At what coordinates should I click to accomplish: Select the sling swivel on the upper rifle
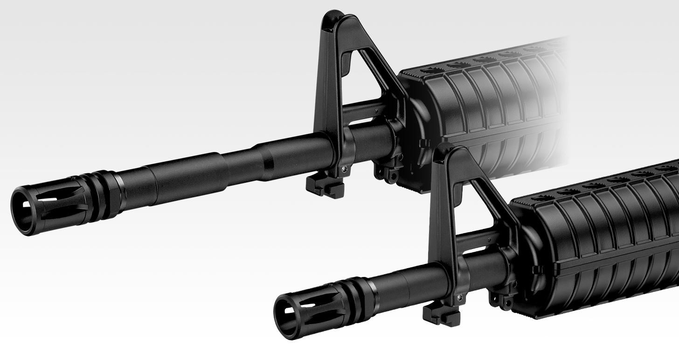point(388,173)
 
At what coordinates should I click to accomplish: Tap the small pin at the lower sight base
point(459,297)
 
